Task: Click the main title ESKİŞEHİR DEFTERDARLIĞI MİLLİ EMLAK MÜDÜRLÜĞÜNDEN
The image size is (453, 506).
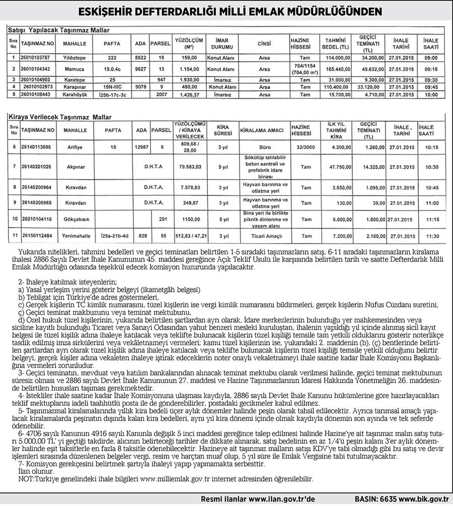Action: click(226, 11)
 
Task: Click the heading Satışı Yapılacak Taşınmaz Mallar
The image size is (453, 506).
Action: click(60, 30)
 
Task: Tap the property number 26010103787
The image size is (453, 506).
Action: click(35, 58)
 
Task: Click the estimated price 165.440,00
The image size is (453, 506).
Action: click(337, 68)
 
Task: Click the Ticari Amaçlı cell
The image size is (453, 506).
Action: click(266, 236)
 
